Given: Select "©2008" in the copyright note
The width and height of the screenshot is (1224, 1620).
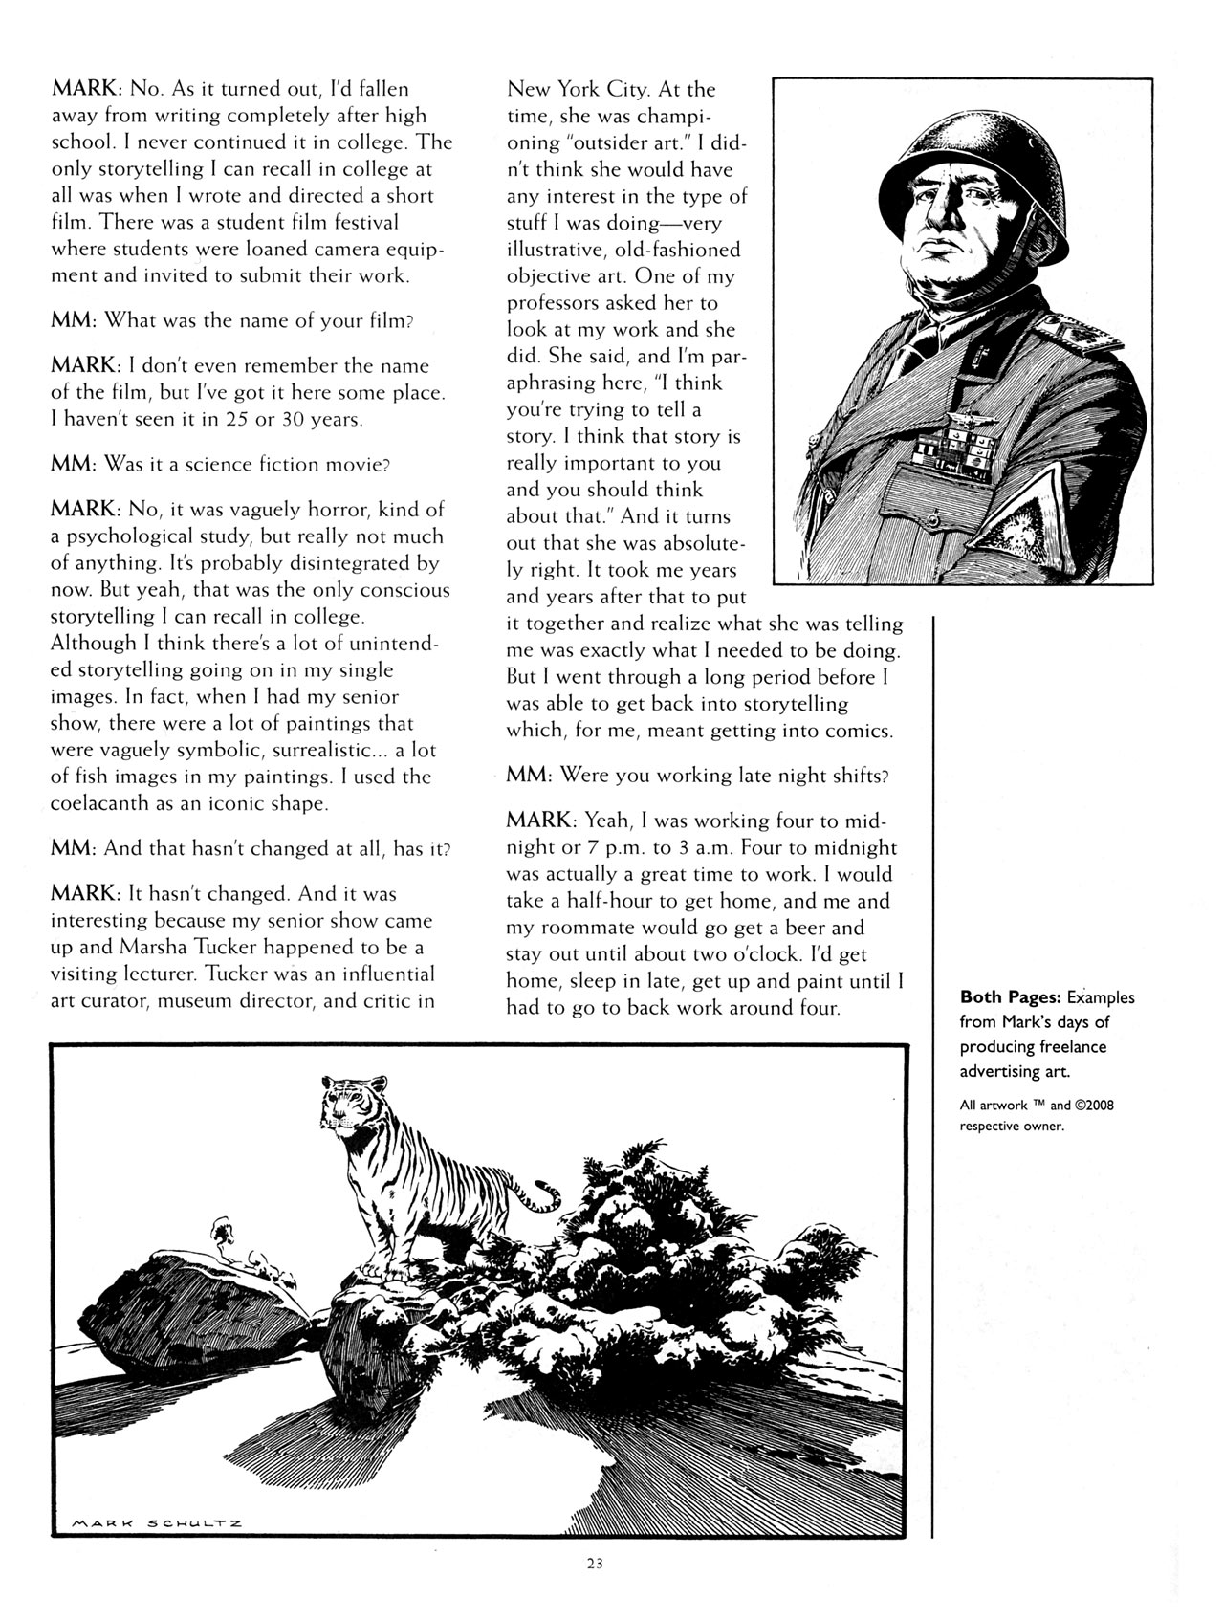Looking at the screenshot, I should click(1094, 1105).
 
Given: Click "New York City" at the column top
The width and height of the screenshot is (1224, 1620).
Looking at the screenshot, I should click(579, 89).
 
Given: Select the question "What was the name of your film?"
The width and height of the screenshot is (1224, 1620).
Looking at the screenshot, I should click(258, 320).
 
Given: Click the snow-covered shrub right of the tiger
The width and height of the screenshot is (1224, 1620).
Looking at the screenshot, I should click(669, 1243).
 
